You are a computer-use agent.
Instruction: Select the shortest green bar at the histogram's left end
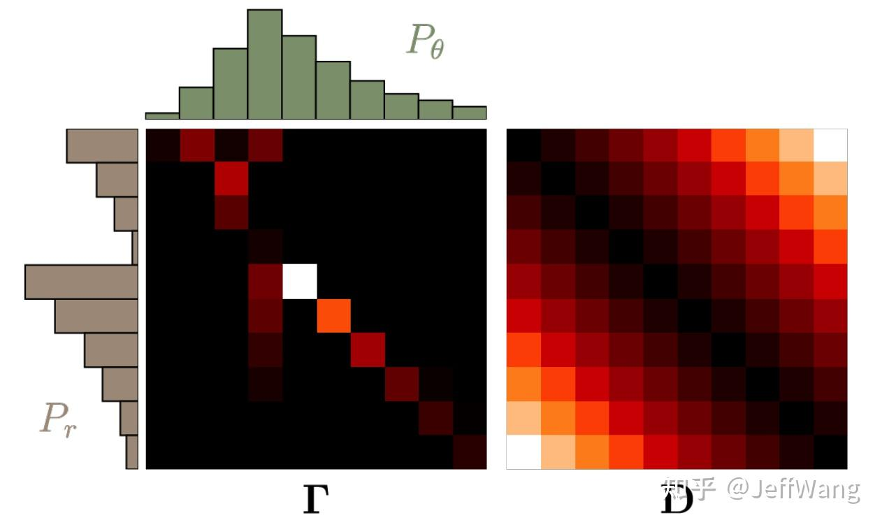click(x=162, y=115)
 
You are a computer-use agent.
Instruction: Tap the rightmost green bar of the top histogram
click(x=469, y=113)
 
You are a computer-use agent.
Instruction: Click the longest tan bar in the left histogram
click(x=81, y=282)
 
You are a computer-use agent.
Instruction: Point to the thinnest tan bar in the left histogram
click(x=135, y=247)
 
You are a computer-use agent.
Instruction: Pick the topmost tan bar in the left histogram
click(x=102, y=145)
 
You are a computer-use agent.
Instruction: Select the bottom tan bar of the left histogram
click(x=132, y=452)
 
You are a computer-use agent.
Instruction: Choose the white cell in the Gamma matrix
click(x=299, y=282)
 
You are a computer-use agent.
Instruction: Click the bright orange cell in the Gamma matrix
click(x=333, y=315)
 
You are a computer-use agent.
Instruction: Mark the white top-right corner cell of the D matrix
click(x=830, y=145)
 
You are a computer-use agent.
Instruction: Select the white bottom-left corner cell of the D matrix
click(x=523, y=452)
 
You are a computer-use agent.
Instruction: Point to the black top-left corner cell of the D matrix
click(x=523, y=145)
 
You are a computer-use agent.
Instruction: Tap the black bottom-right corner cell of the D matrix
click(x=830, y=452)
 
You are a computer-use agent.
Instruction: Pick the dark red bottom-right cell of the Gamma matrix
click(x=470, y=452)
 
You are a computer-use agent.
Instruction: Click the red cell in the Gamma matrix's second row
click(x=231, y=180)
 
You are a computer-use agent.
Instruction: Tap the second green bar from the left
click(x=196, y=103)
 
